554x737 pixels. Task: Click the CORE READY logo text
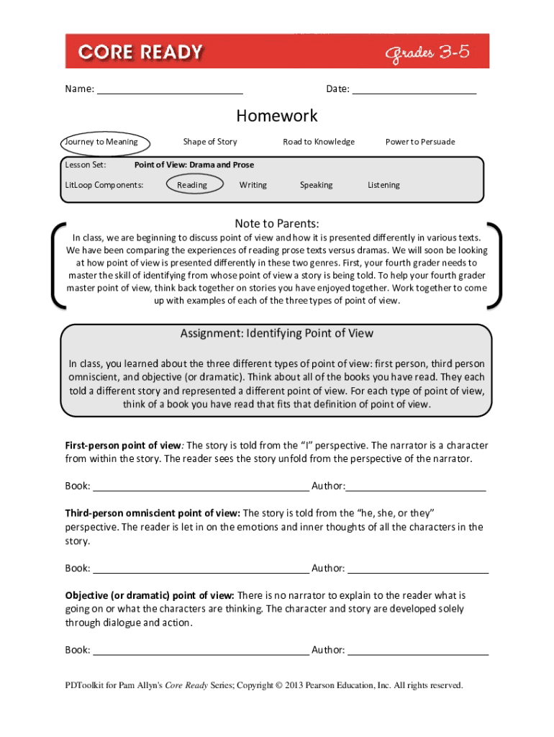[x=140, y=52]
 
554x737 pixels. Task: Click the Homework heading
[x=277, y=116]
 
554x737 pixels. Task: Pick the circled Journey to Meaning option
[x=101, y=142]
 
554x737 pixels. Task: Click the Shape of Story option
[x=210, y=142]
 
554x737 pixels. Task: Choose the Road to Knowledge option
[x=319, y=142]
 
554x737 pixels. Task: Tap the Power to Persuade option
[x=420, y=142]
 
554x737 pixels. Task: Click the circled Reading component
[x=192, y=185]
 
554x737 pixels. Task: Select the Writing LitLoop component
[x=253, y=185]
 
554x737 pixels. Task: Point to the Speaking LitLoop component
[x=317, y=185]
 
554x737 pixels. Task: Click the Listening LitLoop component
[x=383, y=185]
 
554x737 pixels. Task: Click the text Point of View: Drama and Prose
[x=194, y=165]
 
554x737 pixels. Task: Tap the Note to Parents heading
[x=277, y=223]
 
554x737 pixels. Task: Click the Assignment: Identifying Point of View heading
[x=277, y=334]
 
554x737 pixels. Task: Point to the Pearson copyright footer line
[x=264, y=685]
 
